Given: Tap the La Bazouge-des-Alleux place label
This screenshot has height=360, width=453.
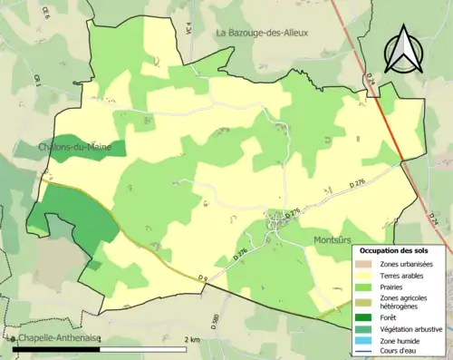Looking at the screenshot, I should tap(262, 33).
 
